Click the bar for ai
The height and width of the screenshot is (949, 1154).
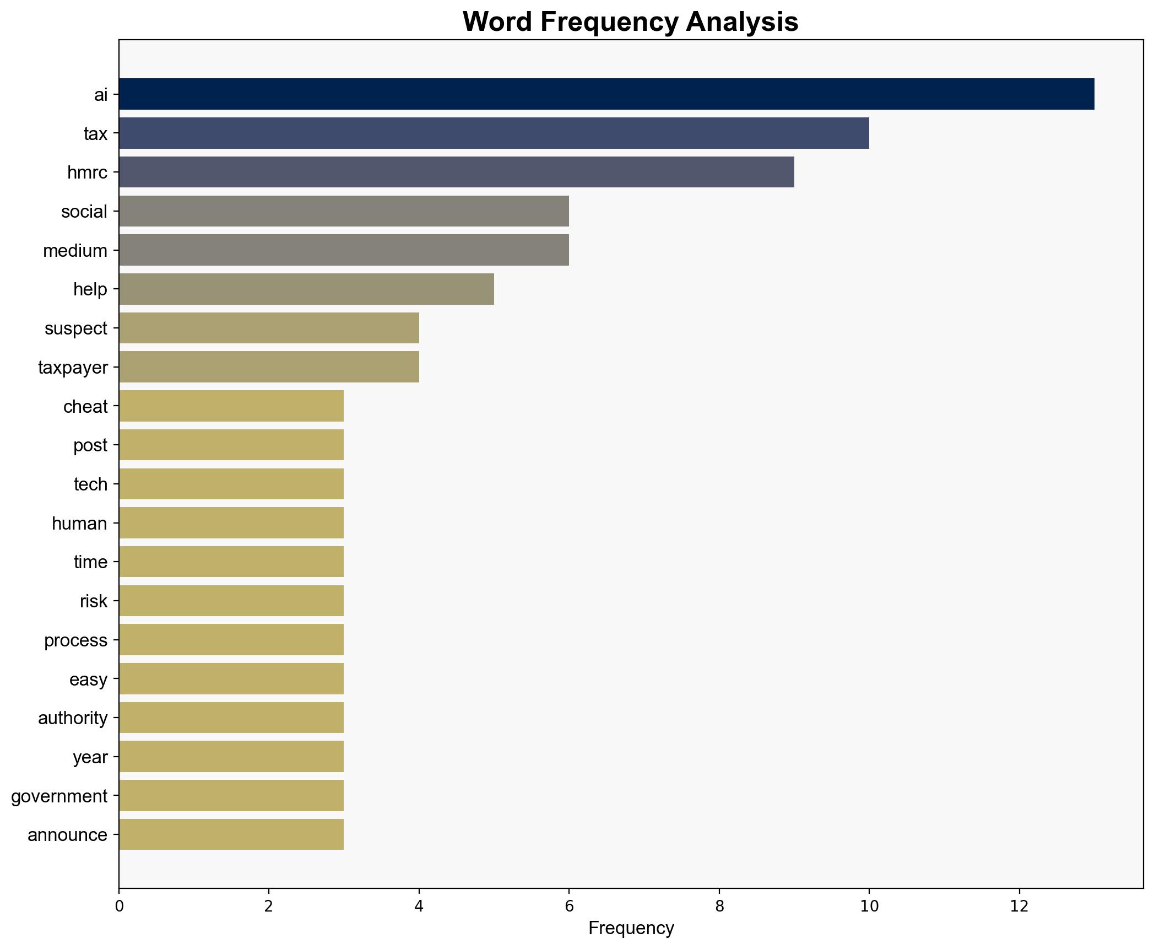click(x=606, y=94)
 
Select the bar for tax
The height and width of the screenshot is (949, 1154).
click(x=494, y=133)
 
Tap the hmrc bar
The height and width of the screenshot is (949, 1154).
click(x=456, y=172)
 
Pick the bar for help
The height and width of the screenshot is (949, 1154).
click(x=306, y=289)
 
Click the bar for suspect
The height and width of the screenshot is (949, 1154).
click(x=269, y=328)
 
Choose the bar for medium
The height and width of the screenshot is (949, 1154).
click(x=344, y=250)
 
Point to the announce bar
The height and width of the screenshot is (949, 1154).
click(x=231, y=834)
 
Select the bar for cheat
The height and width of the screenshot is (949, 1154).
click(x=231, y=406)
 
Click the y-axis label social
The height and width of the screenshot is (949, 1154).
click(x=84, y=212)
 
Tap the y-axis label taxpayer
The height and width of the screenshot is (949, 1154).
click(x=73, y=368)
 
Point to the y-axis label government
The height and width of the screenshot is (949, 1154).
click(x=59, y=796)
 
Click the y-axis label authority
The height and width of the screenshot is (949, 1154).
click(x=73, y=718)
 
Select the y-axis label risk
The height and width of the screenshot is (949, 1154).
click(x=94, y=601)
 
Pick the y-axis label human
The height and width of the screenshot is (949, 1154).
click(x=79, y=524)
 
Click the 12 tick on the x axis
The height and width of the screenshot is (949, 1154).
click(x=1019, y=907)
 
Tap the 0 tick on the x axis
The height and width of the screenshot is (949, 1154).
click(x=119, y=907)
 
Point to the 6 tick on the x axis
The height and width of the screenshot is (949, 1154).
click(x=569, y=907)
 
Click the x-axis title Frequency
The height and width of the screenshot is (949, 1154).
click(x=631, y=929)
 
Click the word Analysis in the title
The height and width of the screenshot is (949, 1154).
click(x=742, y=23)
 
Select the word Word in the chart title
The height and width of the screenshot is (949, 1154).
click(x=498, y=23)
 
